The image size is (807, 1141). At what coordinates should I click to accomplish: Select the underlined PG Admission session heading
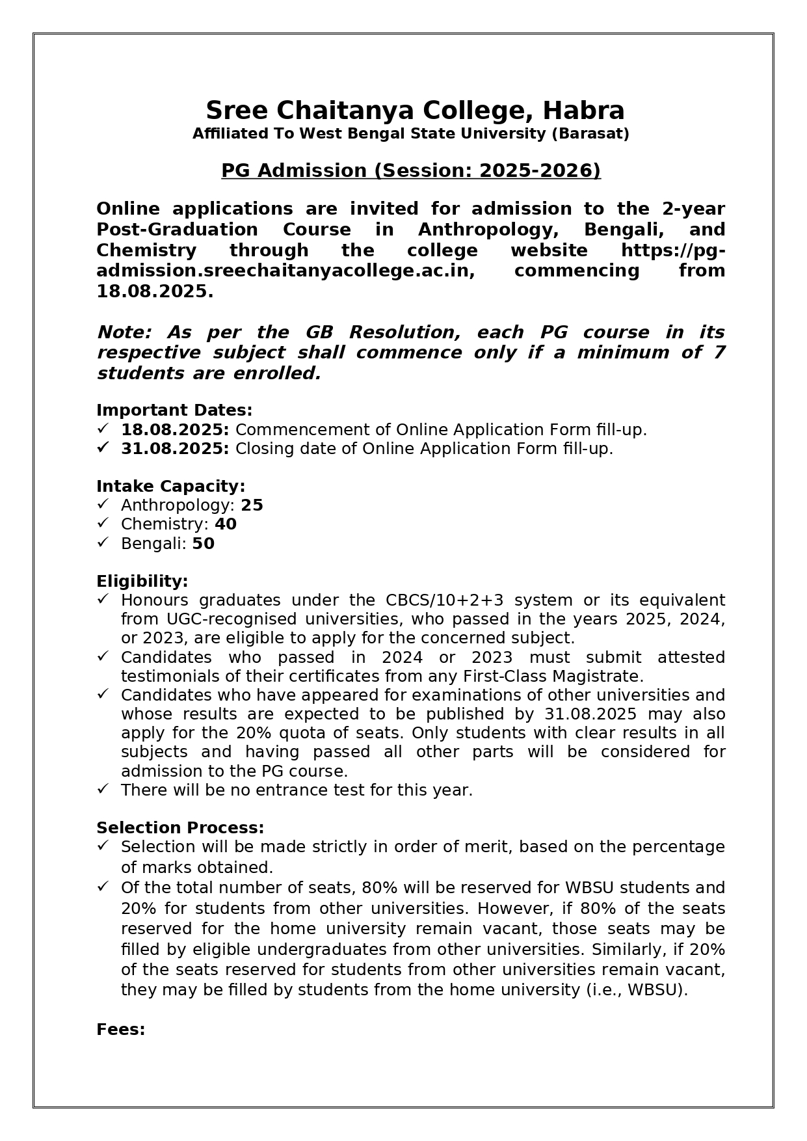pos(410,170)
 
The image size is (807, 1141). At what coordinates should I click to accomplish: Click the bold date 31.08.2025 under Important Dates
pos(174,449)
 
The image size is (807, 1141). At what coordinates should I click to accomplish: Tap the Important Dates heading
pos(174,410)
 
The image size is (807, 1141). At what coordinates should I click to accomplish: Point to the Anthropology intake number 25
pos(252,505)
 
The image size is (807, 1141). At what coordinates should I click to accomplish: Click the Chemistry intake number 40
pos(225,524)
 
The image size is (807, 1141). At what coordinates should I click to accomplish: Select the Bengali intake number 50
pos(203,544)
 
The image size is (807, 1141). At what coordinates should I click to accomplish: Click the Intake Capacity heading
pos(170,487)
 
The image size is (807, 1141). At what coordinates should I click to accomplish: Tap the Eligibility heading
pos(142,581)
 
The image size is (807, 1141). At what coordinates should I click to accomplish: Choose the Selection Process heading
pos(180,828)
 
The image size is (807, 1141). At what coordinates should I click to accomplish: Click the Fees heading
pos(120,1030)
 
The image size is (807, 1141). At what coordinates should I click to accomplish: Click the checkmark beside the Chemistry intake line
pos(103,523)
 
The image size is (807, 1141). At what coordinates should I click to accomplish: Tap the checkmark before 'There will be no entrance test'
pos(103,789)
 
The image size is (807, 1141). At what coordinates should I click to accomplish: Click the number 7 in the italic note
pos(719,353)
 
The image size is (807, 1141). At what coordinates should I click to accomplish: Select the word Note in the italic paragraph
pos(123,332)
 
